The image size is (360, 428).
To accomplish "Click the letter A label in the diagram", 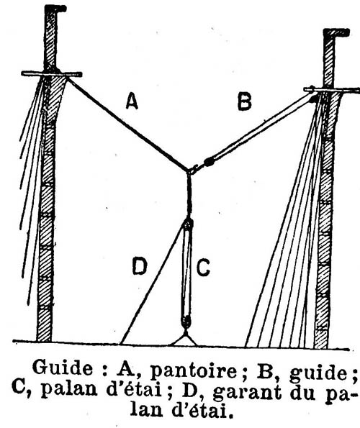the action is [132, 101].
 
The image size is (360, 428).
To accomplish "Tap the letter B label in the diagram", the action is [244, 101].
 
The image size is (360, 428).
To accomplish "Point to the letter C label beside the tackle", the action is [203, 268].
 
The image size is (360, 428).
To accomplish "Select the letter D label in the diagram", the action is [140, 267].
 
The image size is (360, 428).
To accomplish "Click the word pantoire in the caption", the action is [194, 370].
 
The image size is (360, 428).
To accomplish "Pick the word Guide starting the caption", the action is [63, 368].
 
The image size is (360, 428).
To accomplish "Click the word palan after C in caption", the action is [69, 389].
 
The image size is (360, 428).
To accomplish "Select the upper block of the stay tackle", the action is [188, 224].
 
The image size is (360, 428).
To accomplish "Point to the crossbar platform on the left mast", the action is [52, 73].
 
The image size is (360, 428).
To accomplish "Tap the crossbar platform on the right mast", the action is [332, 89].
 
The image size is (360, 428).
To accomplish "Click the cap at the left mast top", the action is [55, 9].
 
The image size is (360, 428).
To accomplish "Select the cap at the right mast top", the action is [336, 32].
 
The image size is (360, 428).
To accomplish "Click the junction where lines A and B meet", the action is [189, 171].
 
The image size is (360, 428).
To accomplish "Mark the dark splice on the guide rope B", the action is [210, 162].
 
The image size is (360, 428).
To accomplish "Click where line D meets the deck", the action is [121, 343].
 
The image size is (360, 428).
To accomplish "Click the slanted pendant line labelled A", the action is [127, 124].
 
